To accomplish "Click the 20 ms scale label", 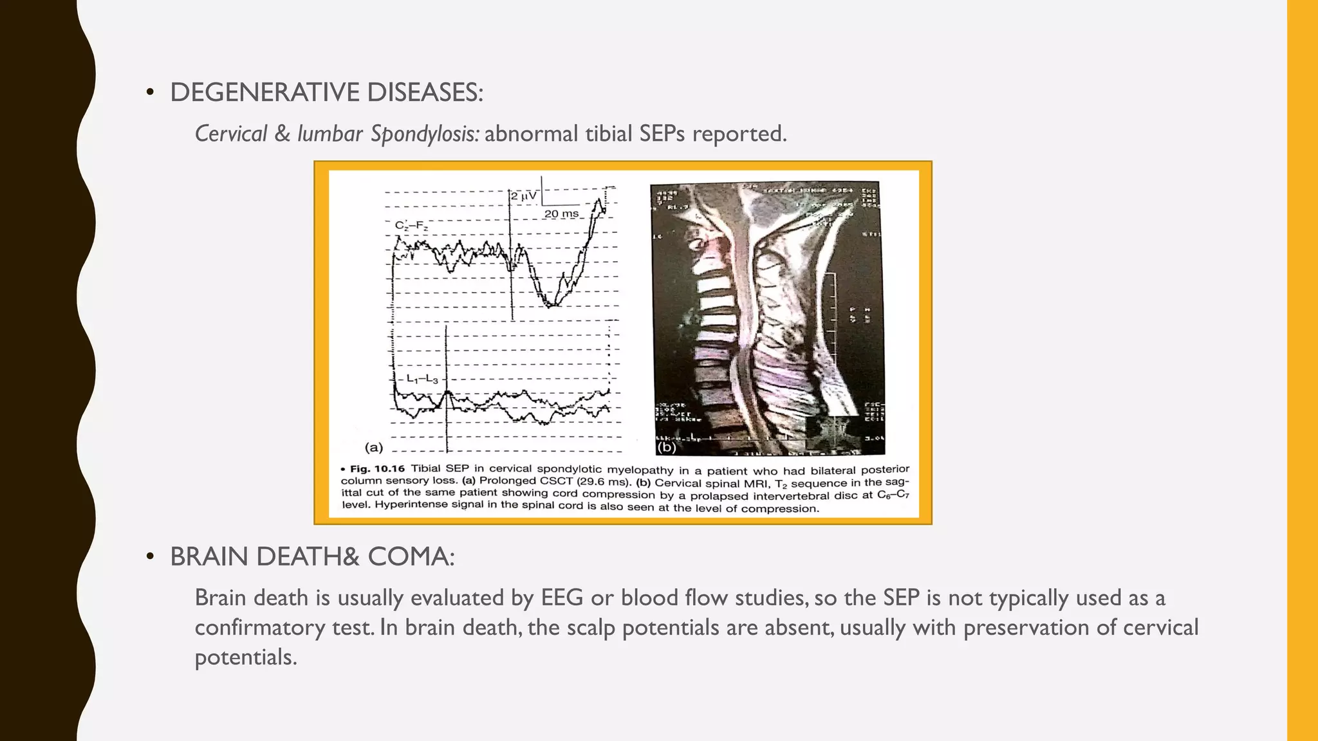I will pos(561,214).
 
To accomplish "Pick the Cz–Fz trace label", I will pos(411,226).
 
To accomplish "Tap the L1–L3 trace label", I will pos(422,380).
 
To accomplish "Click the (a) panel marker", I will pos(374,447).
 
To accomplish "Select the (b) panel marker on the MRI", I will pos(666,447).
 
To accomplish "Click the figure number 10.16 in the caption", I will pos(389,469).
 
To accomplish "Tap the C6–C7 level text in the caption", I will pos(893,495).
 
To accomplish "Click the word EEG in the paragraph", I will pos(562,598).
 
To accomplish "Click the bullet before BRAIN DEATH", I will pos(150,557).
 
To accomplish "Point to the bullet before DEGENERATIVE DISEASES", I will pos(150,93).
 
